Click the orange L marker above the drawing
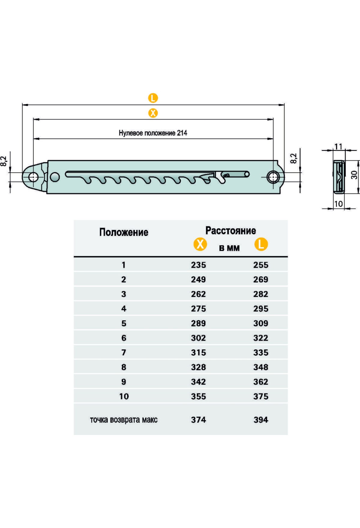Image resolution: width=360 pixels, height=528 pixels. click(153, 98)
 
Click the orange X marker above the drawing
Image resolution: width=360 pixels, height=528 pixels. click(153, 113)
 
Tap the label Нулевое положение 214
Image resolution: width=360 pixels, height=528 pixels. click(153, 133)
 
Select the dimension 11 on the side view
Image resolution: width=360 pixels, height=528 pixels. click(338, 146)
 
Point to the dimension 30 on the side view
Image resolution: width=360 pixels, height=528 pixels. click(354, 175)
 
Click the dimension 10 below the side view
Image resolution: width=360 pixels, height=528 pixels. click(338, 204)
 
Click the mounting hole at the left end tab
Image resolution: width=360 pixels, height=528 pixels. click(33, 177)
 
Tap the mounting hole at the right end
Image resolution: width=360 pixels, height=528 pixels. click(273, 177)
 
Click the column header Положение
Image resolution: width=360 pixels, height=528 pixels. click(124, 232)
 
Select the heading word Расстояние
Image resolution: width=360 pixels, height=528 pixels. click(230, 230)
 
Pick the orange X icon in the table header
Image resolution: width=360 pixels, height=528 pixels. click(200, 244)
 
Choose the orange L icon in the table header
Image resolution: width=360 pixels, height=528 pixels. click(261, 244)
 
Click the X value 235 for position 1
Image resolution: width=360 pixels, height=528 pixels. click(198, 265)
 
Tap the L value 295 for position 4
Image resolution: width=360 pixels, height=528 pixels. click(261, 309)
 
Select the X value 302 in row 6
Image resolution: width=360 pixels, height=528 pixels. click(198, 338)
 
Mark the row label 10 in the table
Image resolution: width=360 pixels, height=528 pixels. click(124, 397)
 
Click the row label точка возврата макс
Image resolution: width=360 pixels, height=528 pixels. click(124, 420)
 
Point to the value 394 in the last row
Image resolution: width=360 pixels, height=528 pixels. click(261, 420)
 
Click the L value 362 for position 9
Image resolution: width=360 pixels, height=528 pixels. click(261, 382)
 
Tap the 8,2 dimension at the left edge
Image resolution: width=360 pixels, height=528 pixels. click(4, 161)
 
